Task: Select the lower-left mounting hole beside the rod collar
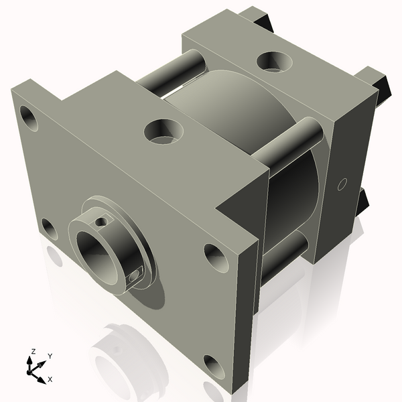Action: click(49, 228)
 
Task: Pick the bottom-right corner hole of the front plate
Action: click(214, 365)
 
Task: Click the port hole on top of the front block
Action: click(163, 130)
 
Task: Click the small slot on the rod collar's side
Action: click(136, 272)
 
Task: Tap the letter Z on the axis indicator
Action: click(33, 352)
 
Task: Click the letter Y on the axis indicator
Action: click(50, 356)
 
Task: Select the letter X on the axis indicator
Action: click(50, 379)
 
